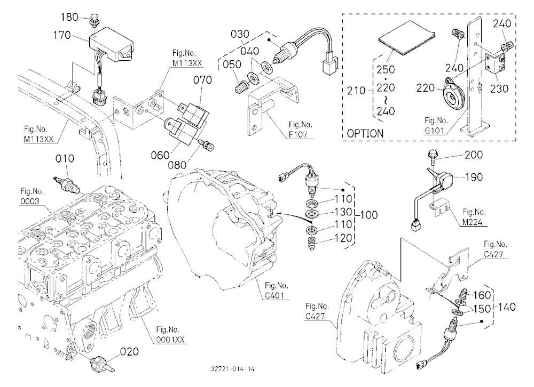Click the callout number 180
69,17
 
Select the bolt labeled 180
93,20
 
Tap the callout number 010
65,159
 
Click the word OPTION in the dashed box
365,133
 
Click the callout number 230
499,89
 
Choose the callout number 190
474,177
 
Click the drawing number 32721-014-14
232,369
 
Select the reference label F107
298,135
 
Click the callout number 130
343,212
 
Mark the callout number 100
368,215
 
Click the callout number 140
507,308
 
